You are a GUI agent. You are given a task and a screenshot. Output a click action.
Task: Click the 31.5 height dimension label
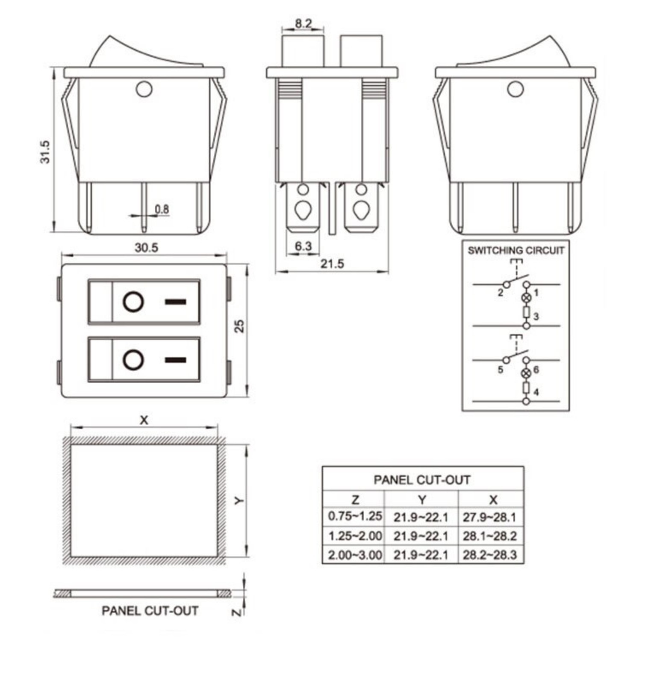click(x=45, y=152)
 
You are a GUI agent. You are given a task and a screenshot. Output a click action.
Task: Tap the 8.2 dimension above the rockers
click(x=303, y=23)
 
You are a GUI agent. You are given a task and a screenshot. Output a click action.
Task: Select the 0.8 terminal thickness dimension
click(x=162, y=209)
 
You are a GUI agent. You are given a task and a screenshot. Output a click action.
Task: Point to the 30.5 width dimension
click(x=146, y=248)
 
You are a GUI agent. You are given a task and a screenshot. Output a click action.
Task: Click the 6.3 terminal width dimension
click(x=303, y=246)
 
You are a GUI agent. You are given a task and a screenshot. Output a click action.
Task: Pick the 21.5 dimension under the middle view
click(x=332, y=264)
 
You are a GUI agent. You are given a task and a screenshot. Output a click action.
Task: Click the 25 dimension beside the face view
click(x=240, y=326)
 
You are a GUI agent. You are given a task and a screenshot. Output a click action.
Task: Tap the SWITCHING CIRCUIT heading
click(x=515, y=250)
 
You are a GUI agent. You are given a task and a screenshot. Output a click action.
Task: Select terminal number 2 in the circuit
click(x=500, y=293)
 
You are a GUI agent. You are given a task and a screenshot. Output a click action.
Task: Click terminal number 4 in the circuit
click(x=536, y=392)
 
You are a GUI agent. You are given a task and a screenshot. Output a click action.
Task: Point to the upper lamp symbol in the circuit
click(x=526, y=298)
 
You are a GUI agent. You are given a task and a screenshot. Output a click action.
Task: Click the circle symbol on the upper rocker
click(x=133, y=302)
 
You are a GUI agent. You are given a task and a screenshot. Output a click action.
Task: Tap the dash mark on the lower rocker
click(x=175, y=360)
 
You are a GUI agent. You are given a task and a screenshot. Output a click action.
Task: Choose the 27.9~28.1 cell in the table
click(x=490, y=517)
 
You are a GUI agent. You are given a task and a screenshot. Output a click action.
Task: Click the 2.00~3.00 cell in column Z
click(x=354, y=555)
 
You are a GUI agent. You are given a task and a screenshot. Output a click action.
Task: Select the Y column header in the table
click(x=421, y=500)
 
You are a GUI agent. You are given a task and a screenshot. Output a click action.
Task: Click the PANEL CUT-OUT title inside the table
click(x=422, y=480)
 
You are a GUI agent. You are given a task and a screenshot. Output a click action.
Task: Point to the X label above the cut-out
click(x=144, y=420)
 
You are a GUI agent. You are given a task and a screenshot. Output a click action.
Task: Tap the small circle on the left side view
click(x=144, y=90)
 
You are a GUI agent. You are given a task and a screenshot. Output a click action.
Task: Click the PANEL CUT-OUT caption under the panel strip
click(x=150, y=611)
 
